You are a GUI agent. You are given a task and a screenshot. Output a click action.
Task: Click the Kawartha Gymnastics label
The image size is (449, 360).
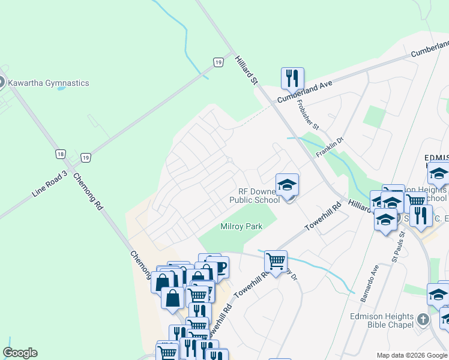(x=52, y=83)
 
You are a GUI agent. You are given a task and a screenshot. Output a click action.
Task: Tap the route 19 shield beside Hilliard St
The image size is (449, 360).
(x=218, y=61)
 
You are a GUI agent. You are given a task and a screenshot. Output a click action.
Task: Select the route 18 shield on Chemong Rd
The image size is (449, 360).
(x=60, y=154)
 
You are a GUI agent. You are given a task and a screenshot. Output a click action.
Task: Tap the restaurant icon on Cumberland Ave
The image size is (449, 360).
(x=292, y=79)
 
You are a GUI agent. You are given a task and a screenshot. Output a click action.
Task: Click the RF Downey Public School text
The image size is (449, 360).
(x=255, y=195)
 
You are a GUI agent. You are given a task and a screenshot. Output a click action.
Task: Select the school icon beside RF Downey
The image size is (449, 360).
(x=287, y=185)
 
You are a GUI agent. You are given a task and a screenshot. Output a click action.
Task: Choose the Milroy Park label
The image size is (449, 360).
(x=241, y=226)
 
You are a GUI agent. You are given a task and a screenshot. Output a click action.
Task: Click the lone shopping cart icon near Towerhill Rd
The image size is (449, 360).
(x=276, y=261)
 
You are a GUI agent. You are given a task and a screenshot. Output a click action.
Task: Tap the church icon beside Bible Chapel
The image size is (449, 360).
(x=423, y=319)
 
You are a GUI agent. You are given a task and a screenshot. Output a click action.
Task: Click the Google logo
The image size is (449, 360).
(x=20, y=353)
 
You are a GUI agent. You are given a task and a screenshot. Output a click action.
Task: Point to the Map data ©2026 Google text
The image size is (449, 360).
(x=412, y=355)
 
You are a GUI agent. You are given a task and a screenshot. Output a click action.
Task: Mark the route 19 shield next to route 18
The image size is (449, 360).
(x=86, y=158)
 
